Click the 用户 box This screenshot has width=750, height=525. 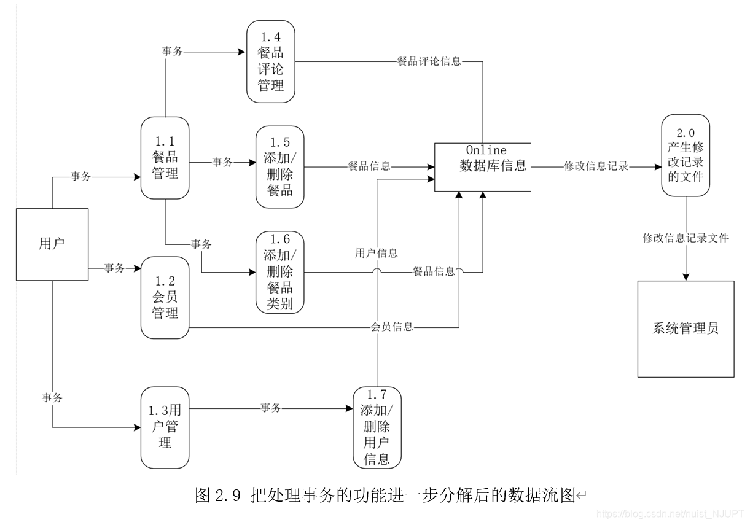coord(52,244)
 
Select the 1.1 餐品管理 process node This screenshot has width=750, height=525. coord(165,158)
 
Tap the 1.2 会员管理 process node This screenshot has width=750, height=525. coord(165,297)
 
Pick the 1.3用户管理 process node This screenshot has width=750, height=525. coord(165,427)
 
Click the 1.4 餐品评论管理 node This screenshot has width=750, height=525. coord(271,61)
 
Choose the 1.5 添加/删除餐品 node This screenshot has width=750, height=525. coord(280,166)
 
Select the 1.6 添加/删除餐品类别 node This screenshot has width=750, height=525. coord(280,272)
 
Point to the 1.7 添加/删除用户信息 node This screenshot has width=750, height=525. coord(377,427)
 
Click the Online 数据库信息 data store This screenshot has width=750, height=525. coord(483,166)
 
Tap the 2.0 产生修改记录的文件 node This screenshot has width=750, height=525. coord(685,155)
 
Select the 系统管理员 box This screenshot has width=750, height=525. coord(686,329)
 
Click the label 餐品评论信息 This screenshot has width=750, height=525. coord(429,61)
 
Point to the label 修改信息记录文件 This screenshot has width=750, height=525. coord(686,238)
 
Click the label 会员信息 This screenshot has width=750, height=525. coord(392,327)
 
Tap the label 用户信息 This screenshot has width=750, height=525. coord(377,253)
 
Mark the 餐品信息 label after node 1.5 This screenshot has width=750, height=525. coord(369,166)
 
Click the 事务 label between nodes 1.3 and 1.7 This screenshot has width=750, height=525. coord(271,408)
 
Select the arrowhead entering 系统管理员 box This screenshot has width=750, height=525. coord(686,277)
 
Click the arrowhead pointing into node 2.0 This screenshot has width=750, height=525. coord(657,166)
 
